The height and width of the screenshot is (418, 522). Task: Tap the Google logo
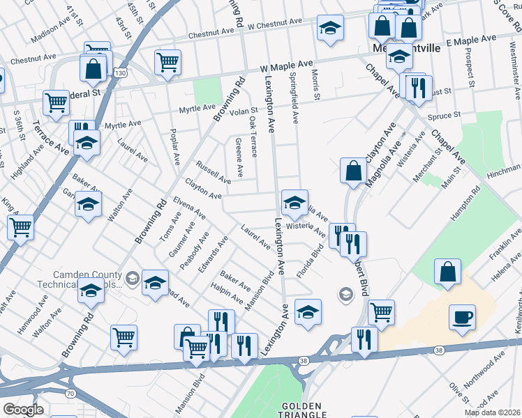tap(22, 410)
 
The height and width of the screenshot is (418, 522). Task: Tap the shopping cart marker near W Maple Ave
tap(167, 63)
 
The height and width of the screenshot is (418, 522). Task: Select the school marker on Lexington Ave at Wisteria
tap(294, 203)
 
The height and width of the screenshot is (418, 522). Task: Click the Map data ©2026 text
tap(491, 412)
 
